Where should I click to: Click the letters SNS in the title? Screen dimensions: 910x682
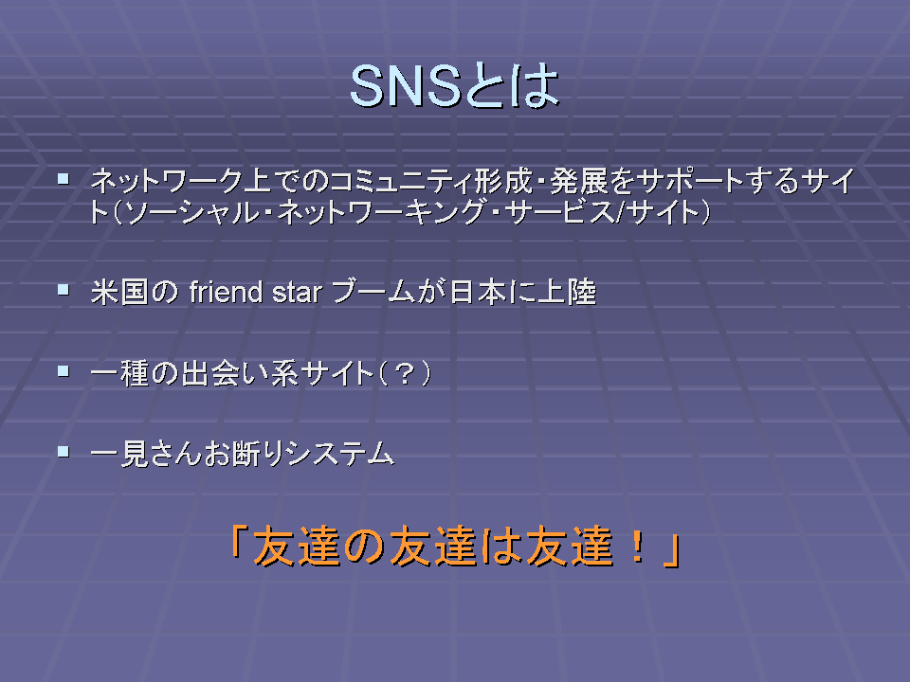[406, 86]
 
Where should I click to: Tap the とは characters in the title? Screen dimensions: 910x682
[511, 86]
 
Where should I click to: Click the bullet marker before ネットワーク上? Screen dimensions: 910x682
[64, 178]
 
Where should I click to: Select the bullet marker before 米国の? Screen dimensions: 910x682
[64, 289]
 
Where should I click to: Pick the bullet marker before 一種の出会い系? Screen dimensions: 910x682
[64, 370]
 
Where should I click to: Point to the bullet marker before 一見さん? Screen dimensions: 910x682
[64, 451]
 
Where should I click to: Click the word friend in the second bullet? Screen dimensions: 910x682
[227, 292]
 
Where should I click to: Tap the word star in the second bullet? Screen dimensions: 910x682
[297, 293]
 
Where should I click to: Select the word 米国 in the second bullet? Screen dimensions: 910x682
[119, 292]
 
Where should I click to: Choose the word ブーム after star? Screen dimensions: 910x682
[373, 292]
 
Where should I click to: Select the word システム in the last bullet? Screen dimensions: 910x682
[340, 453]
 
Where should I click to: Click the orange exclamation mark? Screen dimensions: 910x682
[638, 547]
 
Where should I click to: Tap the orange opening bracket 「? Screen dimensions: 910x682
[239, 542]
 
